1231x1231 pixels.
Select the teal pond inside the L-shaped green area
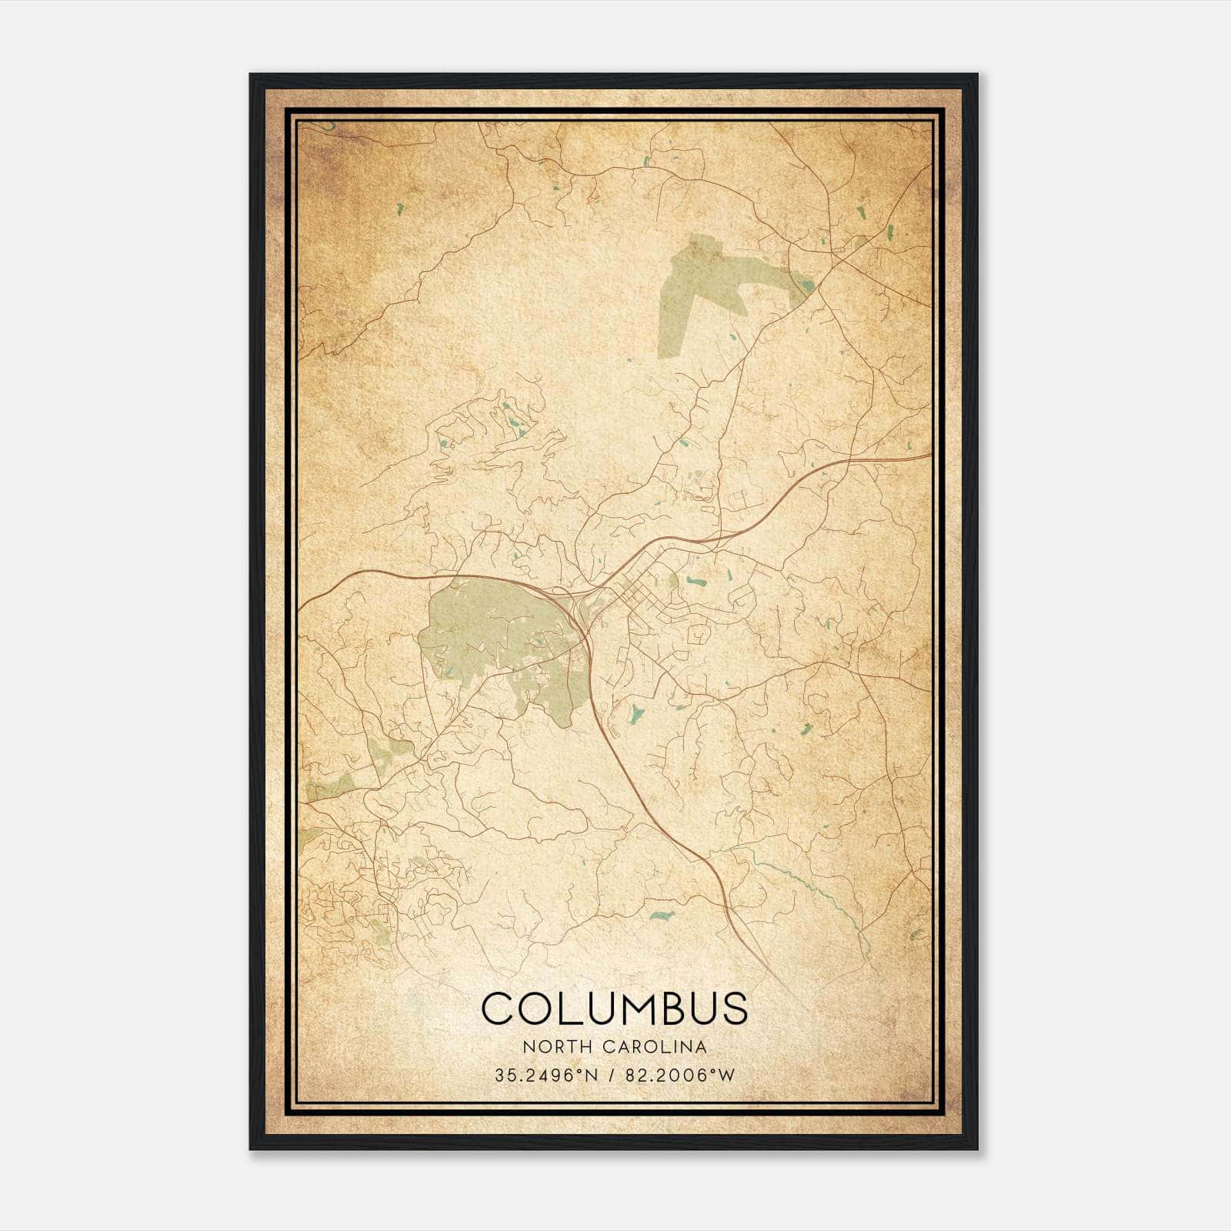[806, 286]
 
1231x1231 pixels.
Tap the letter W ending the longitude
[726, 1075]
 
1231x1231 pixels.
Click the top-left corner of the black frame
[252, 75]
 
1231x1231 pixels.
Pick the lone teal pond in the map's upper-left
[401, 208]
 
